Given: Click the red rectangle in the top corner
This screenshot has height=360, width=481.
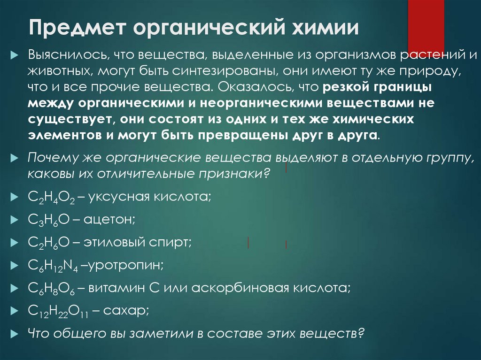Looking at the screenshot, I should pos(426,23).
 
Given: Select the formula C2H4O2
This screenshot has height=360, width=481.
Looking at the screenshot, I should pos(50,197).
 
